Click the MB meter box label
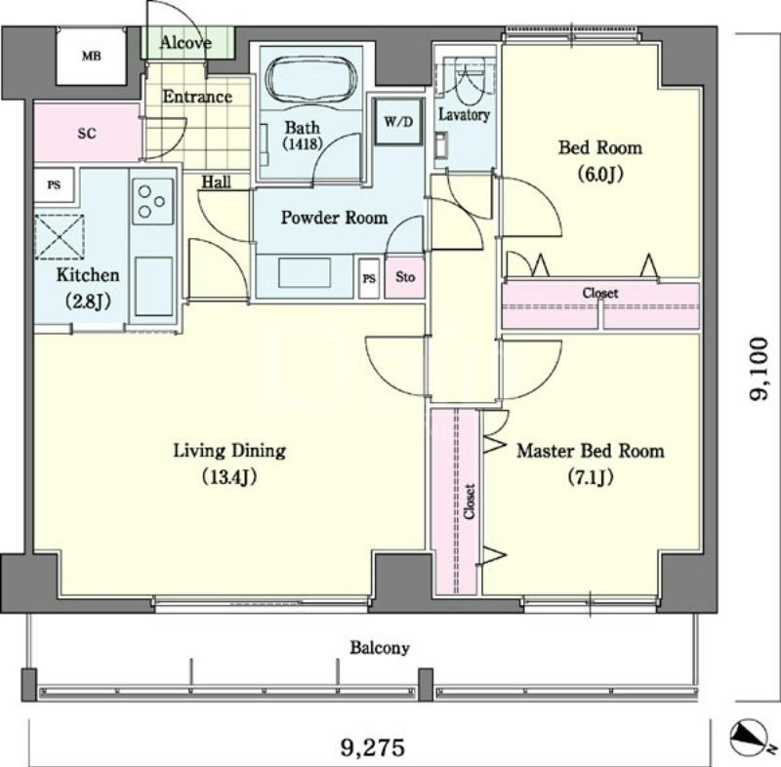91,56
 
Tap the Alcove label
185,43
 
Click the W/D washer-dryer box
398,121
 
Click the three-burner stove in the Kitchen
152,201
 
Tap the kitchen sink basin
153,286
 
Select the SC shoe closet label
87,134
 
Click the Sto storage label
405,277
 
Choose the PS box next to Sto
369,278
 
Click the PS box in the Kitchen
54,185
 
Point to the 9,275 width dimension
373,747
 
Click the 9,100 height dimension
759,369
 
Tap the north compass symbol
749,739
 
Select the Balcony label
380,648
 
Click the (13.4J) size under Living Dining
229,477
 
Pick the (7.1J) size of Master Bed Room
591,477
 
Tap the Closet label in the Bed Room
600,293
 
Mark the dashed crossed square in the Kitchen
60,237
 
